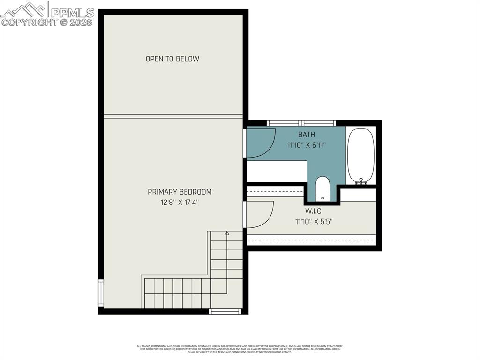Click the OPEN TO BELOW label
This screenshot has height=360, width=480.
point(172,59)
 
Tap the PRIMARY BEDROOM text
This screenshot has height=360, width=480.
point(180,192)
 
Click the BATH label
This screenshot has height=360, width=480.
point(306,135)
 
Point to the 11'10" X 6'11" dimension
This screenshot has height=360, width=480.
point(306,145)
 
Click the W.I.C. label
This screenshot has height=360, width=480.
point(314,211)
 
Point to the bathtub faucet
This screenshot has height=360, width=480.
point(360,180)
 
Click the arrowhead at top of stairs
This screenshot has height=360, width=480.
point(227,233)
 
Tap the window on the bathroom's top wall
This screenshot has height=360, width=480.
point(301,123)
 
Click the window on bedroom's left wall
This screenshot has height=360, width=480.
point(101,292)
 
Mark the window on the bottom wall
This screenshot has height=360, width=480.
point(225,311)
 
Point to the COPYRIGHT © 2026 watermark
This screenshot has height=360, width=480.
point(47,22)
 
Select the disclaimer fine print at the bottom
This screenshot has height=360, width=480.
point(240,349)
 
